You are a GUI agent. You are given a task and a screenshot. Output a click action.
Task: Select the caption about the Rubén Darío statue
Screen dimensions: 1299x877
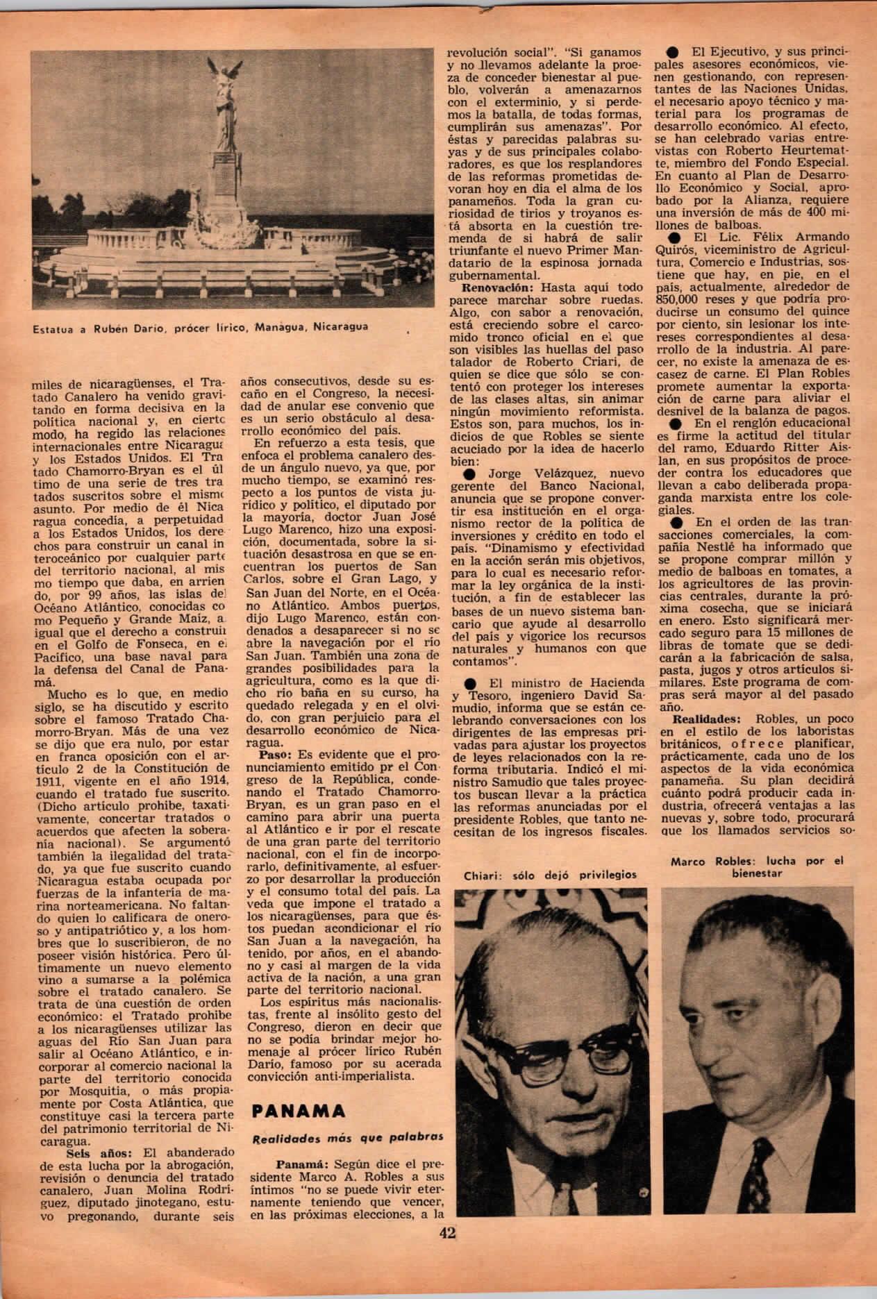(200, 326)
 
